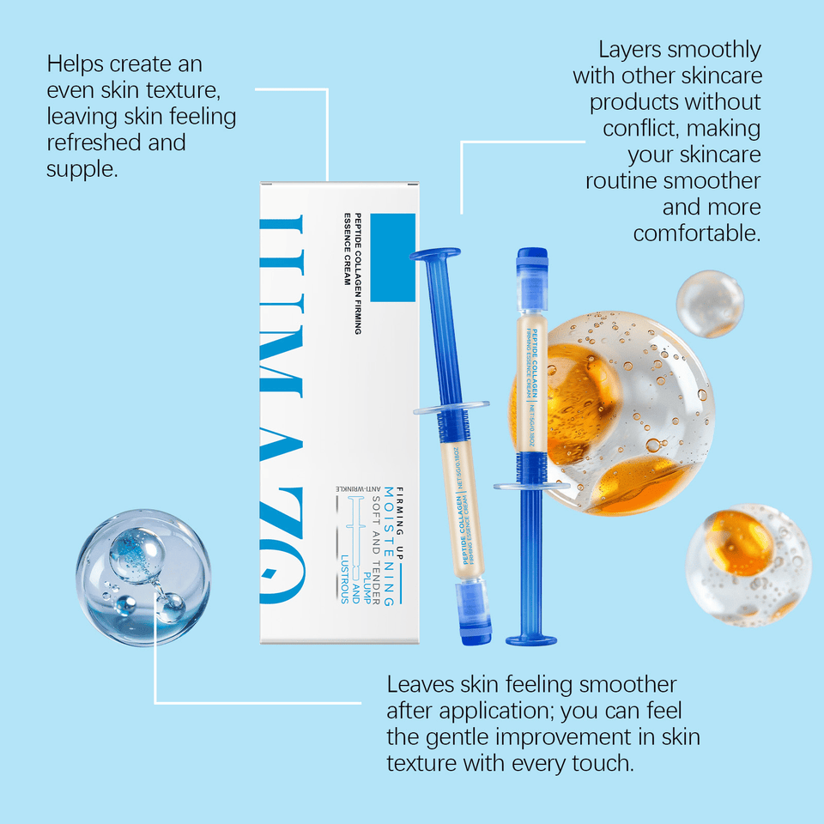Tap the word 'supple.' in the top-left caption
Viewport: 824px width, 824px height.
[x=82, y=169]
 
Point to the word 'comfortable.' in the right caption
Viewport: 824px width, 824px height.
[x=697, y=233]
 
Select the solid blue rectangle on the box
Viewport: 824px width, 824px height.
[x=391, y=245]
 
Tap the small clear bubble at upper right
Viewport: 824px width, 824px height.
[x=709, y=304]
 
